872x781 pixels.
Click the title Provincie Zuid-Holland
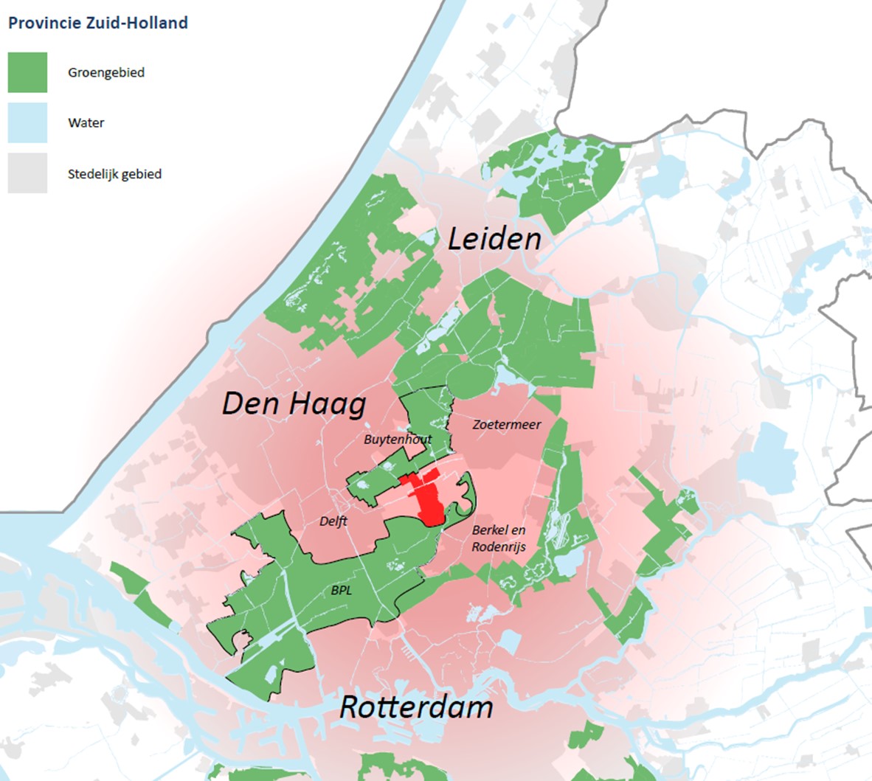pyautogui.click(x=98, y=23)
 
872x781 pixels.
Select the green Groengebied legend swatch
pyautogui.click(x=27, y=72)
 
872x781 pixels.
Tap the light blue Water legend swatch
pyautogui.click(x=27, y=122)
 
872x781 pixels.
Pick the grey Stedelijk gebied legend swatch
pyautogui.click(x=27, y=173)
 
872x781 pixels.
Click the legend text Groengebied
pyautogui.click(x=106, y=72)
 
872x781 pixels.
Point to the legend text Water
pyautogui.click(x=86, y=123)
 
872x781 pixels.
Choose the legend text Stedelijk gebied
pyautogui.click(x=114, y=175)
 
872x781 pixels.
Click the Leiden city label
pyautogui.click(x=494, y=239)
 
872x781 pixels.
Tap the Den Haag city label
pyautogui.click(x=294, y=403)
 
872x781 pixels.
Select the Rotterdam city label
pyautogui.click(x=416, y=707)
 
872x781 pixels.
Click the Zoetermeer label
pyautogui.click(x=507, y=425)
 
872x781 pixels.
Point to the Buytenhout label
pyautogui.click(x=398, y=440)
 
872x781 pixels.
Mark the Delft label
pyautogui.click(x=333, y=521)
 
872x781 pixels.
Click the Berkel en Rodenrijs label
pyautogui.click(x=499, y=538)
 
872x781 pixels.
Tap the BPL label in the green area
pyautogui.click(x=342, y=591)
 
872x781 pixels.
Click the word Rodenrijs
pyautogui.click(x=499, y=546)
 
